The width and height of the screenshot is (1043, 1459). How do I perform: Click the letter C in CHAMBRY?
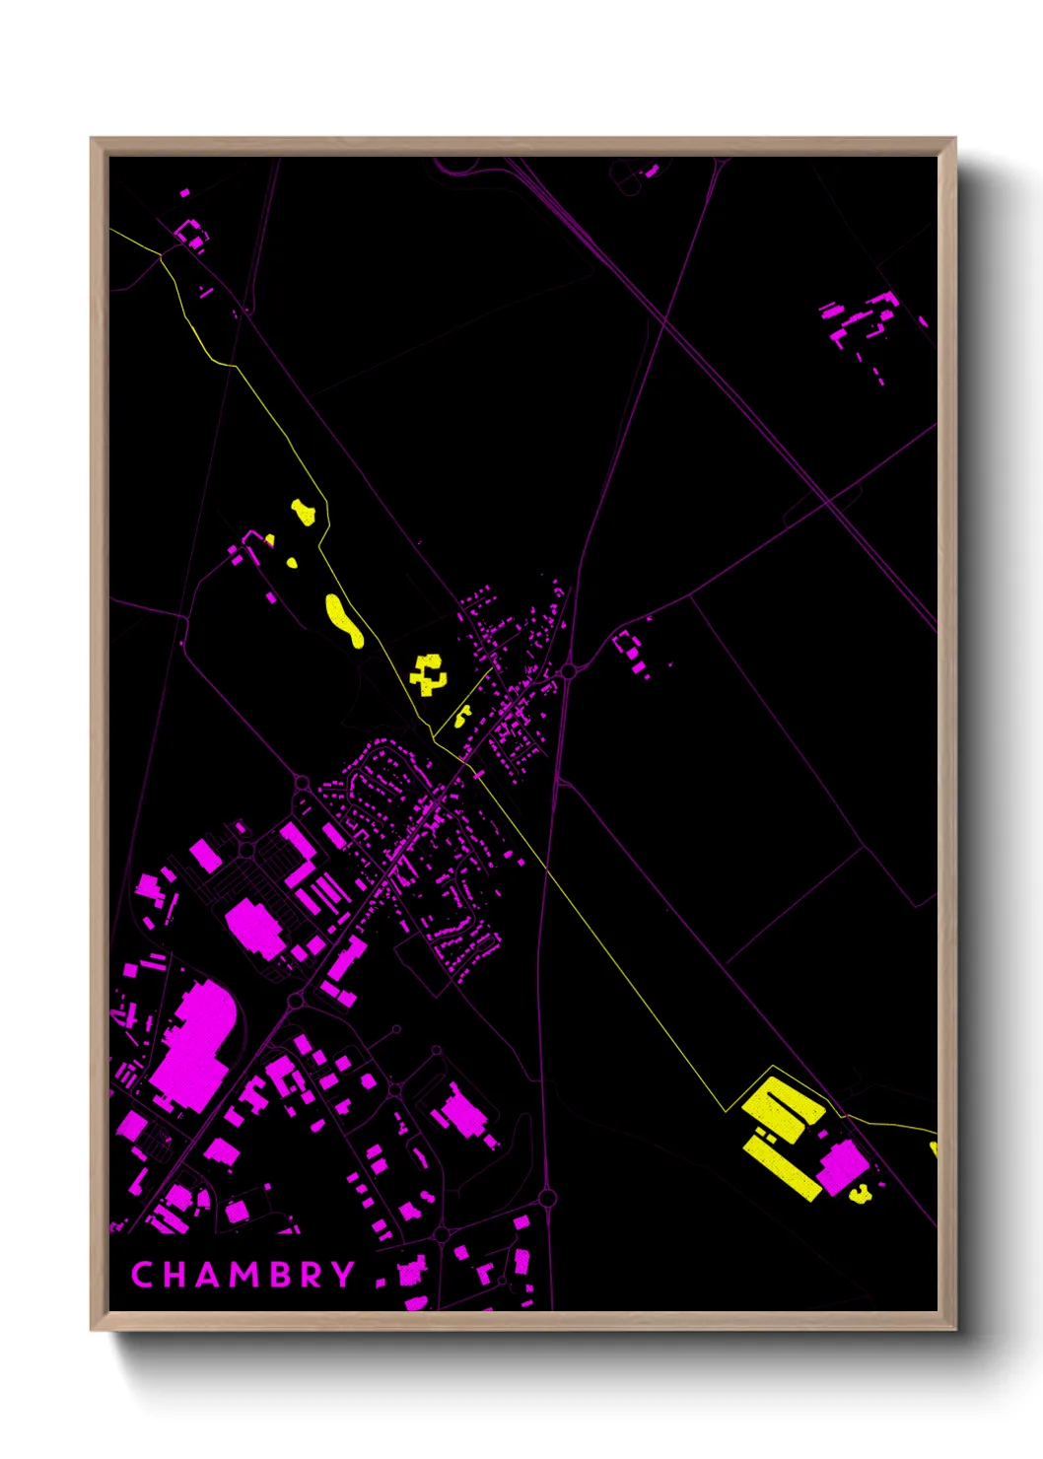(x=143, y=1275)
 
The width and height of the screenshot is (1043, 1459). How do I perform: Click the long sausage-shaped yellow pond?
(x=343, y=620)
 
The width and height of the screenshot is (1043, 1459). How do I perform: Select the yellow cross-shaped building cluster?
(x=428, y=675)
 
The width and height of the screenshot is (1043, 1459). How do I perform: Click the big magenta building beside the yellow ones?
(x=842, y=1165)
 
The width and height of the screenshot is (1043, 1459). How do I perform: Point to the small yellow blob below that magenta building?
(x=861, y=1195)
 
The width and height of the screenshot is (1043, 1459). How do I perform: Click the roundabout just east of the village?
(x=569, y=671)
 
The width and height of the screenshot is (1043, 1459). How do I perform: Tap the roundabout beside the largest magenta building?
(x=295, y=1002)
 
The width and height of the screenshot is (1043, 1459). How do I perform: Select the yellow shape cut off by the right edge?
(x=933, y=1148)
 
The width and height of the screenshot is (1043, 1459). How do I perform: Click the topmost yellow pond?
(x=304, y=512)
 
